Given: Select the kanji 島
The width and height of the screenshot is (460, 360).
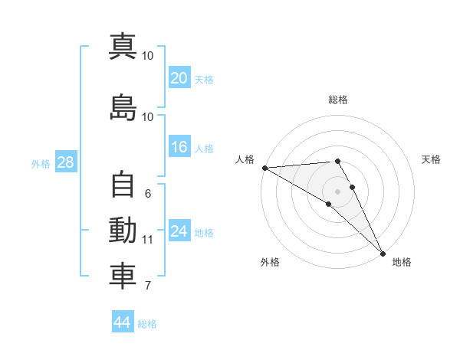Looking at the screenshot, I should [x=123, y=107].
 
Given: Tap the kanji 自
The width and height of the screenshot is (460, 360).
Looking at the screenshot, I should [x=123, y=185].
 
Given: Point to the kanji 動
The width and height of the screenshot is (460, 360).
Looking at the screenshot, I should [x=123, y=231].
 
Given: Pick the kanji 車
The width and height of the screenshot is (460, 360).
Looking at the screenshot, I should [x=123, y=277].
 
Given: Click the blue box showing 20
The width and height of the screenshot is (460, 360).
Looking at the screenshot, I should [x=179, y=78].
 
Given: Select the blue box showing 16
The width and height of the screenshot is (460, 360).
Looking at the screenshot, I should [x=179, y=148].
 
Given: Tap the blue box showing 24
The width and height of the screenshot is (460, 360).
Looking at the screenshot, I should [x=179, y=232].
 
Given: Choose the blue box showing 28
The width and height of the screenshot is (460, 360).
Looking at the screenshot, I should [x=64, y=163].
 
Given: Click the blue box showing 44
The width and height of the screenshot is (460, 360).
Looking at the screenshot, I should [x=122, y=322].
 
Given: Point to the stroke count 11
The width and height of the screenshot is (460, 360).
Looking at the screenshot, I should [x=147, y=240].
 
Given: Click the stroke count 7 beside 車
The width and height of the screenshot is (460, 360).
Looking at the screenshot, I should [x=147, y=286].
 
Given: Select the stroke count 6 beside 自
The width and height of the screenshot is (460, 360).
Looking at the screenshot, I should [x=147, y=194].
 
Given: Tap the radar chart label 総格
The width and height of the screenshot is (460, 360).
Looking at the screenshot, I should [x=338, y=100].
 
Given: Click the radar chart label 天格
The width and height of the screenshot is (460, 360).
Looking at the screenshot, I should [x=431, y=159].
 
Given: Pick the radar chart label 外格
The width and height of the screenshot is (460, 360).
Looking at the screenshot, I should [x=270, y=262].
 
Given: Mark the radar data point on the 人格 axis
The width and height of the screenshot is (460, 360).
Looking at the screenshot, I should [x=264, y=168].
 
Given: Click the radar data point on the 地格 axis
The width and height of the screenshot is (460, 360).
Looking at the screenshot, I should [x=383, y=253].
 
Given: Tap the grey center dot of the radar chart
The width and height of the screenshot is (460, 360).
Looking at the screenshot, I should [x=337, y=191].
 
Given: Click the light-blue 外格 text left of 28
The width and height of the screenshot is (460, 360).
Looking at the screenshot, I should [x=40, y=164].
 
